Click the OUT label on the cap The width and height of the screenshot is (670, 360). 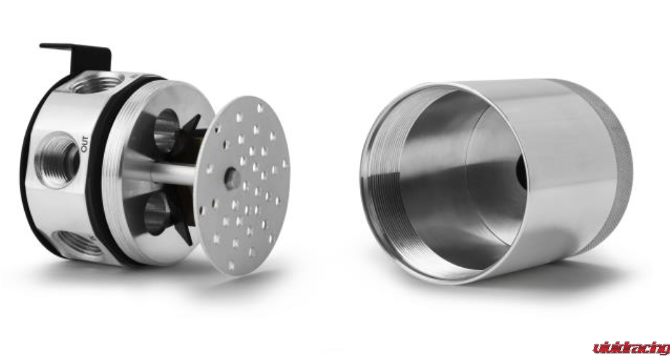tap(84, 144)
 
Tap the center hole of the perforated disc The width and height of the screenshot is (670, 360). tap(232, 178)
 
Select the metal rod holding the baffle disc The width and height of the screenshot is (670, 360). tap(171, 173)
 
